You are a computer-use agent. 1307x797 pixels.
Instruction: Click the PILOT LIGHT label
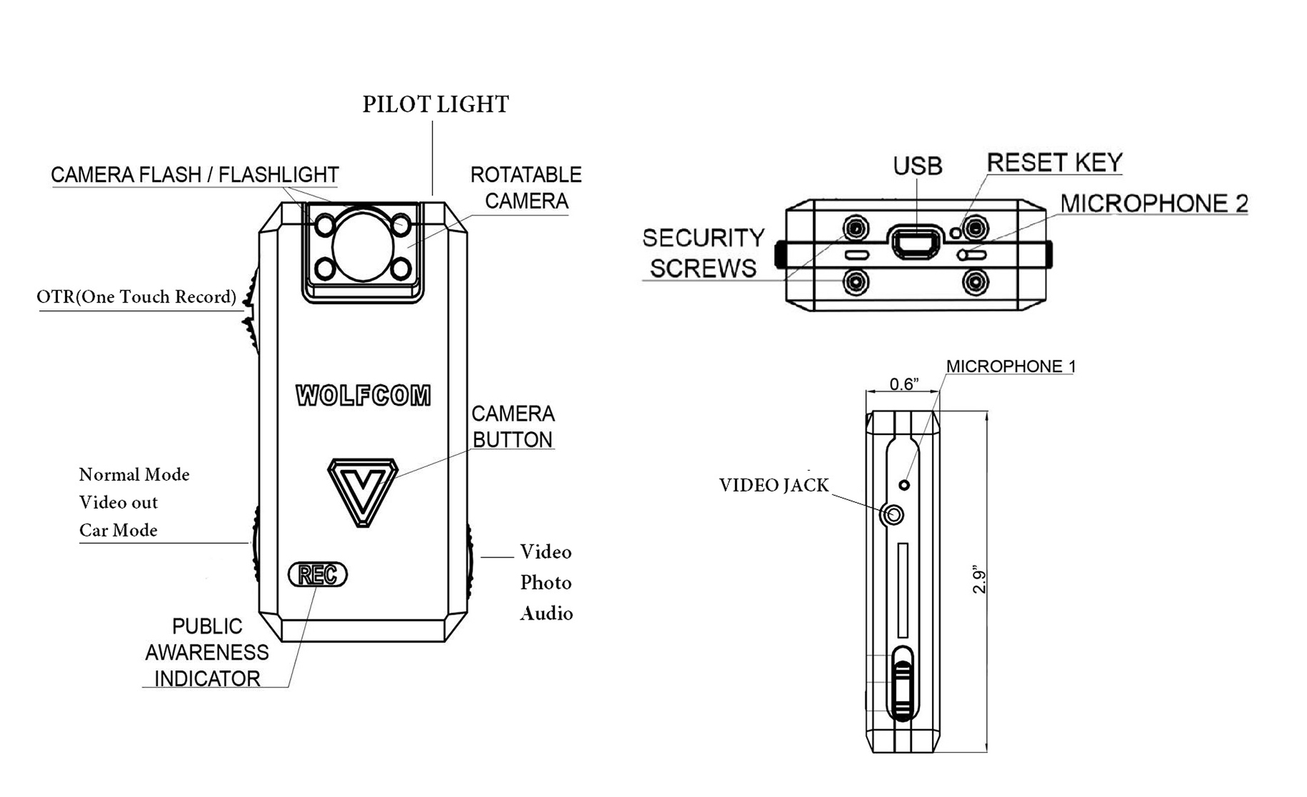(435, 104)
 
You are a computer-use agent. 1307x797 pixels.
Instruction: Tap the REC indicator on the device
(317, 574)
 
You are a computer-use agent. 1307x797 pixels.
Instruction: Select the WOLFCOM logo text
(364, 396)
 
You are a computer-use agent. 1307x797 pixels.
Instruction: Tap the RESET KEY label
(1054, 163)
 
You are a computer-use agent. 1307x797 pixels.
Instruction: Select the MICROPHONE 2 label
(1153, 204)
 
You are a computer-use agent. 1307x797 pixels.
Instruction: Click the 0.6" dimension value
(903, 384)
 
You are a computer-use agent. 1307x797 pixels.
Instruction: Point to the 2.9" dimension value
(979, 581)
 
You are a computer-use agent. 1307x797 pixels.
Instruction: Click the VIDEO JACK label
(773, 485)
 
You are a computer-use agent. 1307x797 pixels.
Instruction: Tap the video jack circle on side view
(894, 514)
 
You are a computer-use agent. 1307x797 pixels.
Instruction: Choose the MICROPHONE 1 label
(1010, 366)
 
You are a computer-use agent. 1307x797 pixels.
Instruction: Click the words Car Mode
(118, 530)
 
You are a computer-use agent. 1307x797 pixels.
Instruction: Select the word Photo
(545, 582)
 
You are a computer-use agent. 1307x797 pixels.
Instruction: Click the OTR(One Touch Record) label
(136, 297)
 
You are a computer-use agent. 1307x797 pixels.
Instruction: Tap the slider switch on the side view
(903, 683)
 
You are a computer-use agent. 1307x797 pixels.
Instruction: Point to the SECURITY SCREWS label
(703, 253)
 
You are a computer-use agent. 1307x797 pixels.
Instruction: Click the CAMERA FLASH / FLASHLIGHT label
(195, 175)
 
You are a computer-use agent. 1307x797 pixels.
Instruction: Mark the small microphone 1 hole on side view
(904, 485)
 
